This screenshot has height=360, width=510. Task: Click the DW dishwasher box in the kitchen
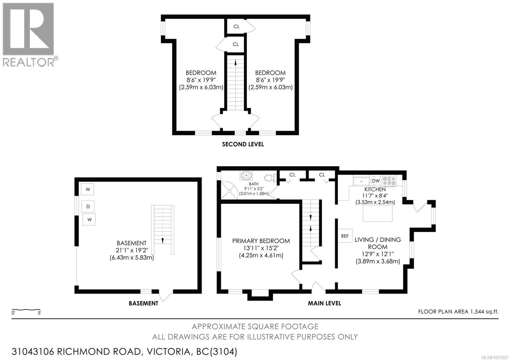coord(376,181)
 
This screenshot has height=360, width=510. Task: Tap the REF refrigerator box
coord(345,236)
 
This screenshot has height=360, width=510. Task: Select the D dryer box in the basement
coord(88,206)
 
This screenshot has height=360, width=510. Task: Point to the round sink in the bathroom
coord(246,175)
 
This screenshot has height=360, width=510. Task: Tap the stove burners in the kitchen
coord(389,181)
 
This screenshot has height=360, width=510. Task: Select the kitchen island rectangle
coord(378,213)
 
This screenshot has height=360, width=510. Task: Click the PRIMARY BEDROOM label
coord(261,241)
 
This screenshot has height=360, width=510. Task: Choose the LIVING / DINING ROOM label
coord(378,243)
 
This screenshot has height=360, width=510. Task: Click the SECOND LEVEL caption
coord(243,144)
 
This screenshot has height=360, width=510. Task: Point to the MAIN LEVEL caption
coord(324,303)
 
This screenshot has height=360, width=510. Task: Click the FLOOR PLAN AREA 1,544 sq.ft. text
coord(458,312)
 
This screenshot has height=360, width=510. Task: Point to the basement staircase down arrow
coord(163,241)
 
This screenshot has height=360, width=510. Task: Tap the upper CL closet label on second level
coord(236,26)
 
